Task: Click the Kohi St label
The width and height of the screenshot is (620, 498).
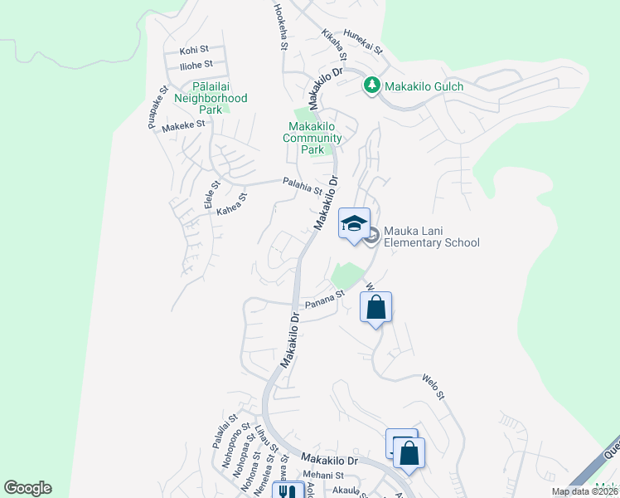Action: click(x=194, y=51)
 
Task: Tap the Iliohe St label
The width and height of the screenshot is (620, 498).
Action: click(x=196, y=64)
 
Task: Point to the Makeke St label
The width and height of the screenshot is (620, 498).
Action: click(x=183, y=126)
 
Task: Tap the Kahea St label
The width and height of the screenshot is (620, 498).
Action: click(x=232, y=204)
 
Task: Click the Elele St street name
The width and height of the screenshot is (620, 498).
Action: click(x=211, y=195)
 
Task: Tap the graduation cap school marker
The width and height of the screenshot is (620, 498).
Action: click(x=354, y=223)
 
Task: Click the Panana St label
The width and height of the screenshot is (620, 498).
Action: click(x=323, y=300)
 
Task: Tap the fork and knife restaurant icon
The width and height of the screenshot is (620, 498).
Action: click(x=287, y=491)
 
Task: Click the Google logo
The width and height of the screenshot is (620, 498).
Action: click(x=27, y=487)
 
